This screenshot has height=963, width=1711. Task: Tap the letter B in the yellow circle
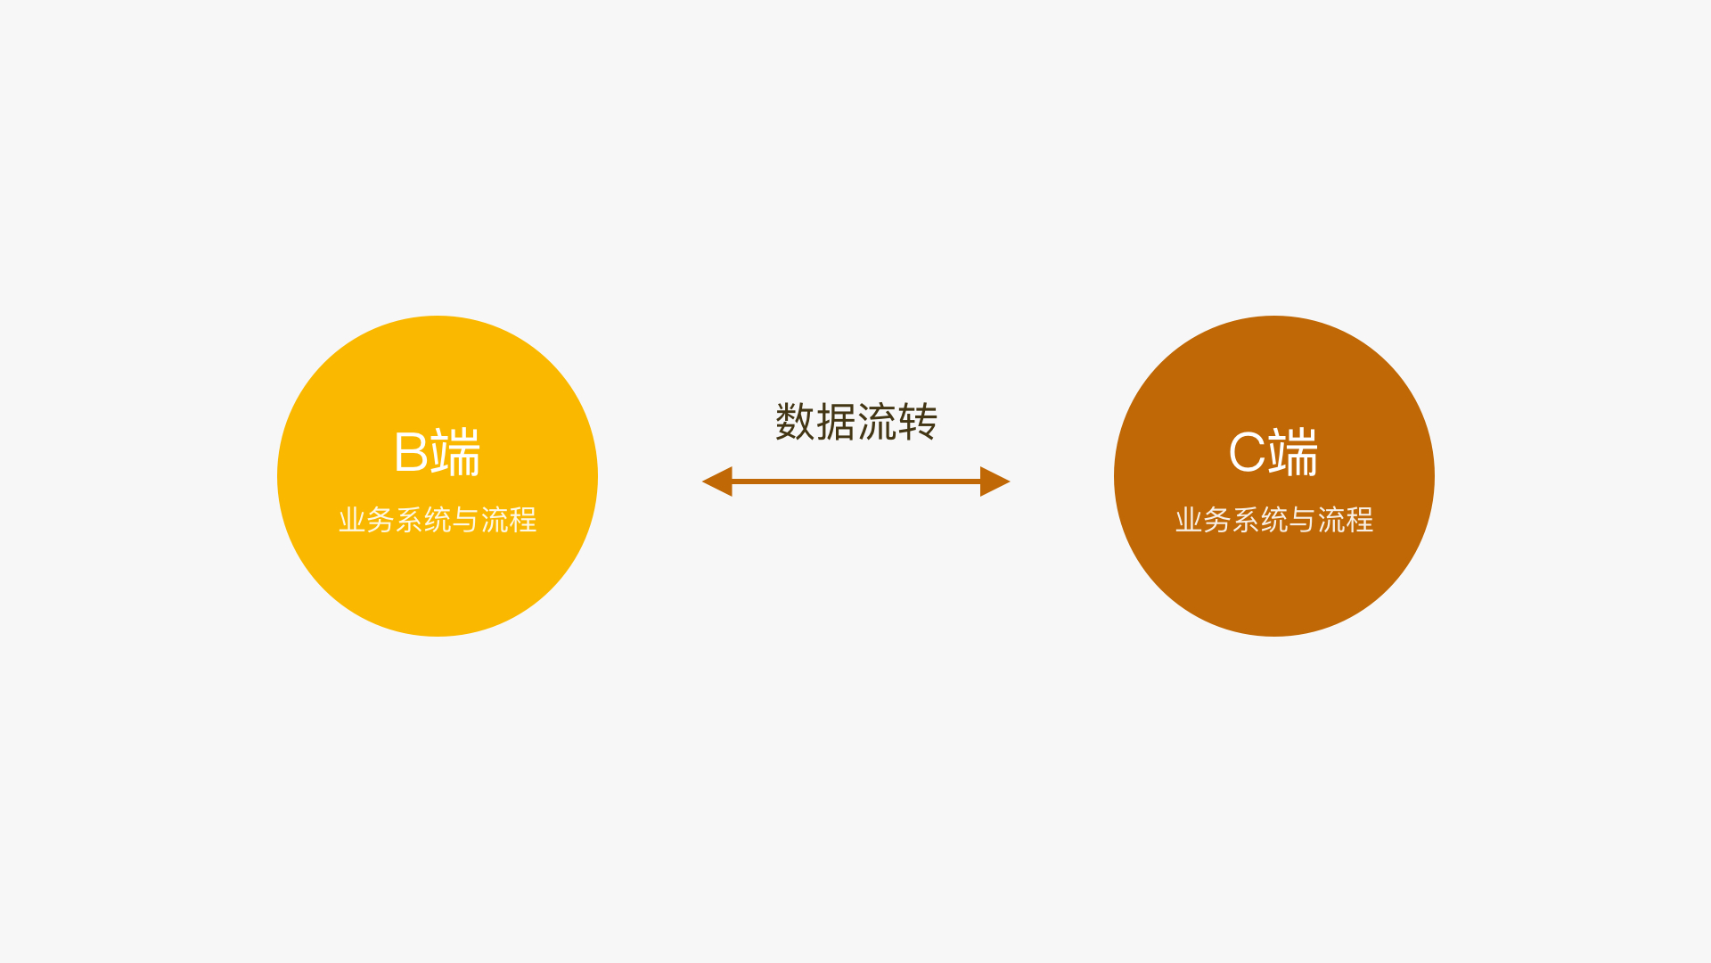pyautogui.click(x=411, y=453)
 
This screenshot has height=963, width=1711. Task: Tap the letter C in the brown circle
pyautogui.click(x=1247, y=453)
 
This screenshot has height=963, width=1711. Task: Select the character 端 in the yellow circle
pyautogui.click(x=455, y=453)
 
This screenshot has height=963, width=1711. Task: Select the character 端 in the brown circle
pyautogui.click(x=1293, y=453)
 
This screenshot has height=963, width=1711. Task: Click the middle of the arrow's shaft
pyautogui.click(x=855, y=481)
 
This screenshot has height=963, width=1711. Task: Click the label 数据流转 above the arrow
pyautogui.click(x=855, y=422)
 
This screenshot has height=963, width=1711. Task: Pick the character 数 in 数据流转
pyautogui.click(x=795, y=422)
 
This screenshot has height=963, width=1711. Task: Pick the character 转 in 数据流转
pyautogui.click(x=917, y=422)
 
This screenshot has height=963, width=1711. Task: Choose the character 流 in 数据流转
pyautogui.click(x=877, y=422)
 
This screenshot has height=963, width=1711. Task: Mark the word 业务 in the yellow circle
pyautogui.click(x=366, y=520)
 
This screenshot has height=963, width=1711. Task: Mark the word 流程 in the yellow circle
pyautogui.click(x=509, y=520)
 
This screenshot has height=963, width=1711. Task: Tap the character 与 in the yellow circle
pyautogui.click(x=466, y=520)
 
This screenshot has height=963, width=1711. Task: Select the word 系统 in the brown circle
pyautogui.click(x=1260, y=520)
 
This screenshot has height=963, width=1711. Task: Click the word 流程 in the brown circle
pyautogui.click(x=1346, y=520)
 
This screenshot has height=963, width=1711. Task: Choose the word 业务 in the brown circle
pyautogui.click(x=1203, y=520)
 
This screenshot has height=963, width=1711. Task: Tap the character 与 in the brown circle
pyautogui.click(x=1303, y=520)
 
